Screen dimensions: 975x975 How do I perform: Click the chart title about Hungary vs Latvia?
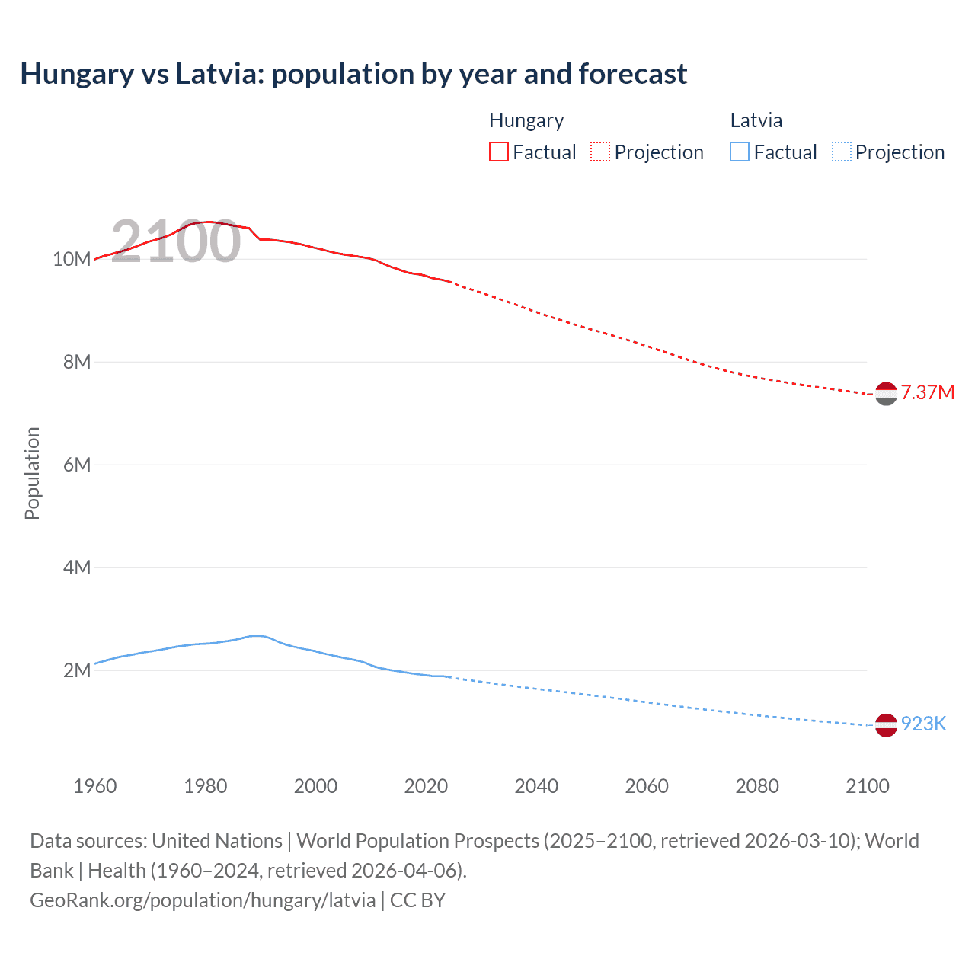point(353,74)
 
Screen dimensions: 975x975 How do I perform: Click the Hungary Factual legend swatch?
point(498,152)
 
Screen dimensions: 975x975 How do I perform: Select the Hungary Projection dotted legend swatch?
point(600,152)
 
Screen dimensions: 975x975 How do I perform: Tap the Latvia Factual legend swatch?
point(739,152)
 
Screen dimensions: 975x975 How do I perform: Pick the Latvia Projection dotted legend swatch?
point(841,152)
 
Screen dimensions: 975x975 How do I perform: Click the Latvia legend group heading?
point(756,120)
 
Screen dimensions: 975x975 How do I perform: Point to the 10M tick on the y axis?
point(72,259)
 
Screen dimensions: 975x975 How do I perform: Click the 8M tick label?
point(77,362)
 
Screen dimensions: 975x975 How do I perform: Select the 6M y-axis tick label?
point(77,465)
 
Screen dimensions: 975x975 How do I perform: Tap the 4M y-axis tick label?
point(77,567)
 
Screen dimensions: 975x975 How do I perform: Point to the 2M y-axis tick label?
point(77,670)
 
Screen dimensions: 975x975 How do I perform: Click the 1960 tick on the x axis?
point(95,786)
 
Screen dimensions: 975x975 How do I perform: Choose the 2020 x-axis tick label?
point(426,786)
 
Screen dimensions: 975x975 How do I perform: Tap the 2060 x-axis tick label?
point(647,786)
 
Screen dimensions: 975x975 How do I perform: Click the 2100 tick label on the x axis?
point(867,786)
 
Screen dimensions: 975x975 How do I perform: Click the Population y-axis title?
point(32,473)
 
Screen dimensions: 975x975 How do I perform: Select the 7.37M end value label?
point(927,392)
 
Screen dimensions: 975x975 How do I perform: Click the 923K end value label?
point(923,724)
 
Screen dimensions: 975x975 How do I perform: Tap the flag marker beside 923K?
point(886,725)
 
